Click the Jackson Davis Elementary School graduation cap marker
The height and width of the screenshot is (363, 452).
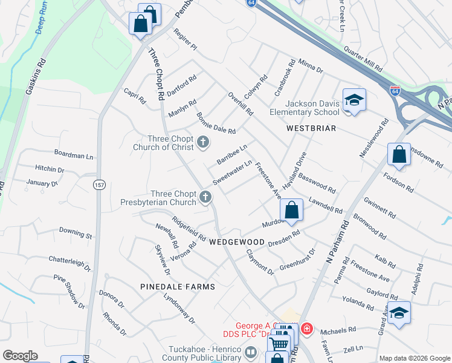click(354, 100)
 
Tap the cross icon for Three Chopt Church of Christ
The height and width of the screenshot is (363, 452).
click(203, 143)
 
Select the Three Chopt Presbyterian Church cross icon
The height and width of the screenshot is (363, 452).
click(206, 197)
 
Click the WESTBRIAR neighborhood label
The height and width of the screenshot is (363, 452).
click(312, 129)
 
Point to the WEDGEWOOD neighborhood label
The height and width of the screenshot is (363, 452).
click(237, 242)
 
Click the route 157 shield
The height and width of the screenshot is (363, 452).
click(98, 183)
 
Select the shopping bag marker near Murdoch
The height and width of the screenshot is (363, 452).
click(292, 211)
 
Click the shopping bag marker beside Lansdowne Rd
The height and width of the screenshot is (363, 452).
click(399, 154)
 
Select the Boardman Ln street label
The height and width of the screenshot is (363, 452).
click(74, 155)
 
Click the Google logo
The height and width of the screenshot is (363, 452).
click(20, 356)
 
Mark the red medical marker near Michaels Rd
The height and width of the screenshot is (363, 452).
click(307, 329)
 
